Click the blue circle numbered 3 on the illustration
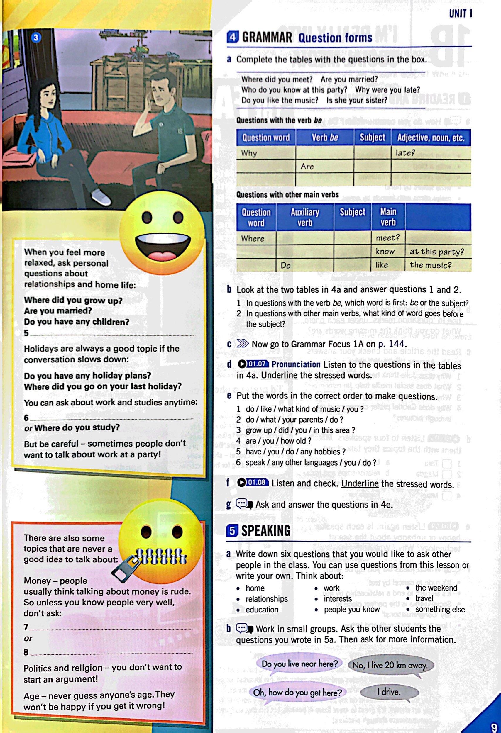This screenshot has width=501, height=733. click(36, 38)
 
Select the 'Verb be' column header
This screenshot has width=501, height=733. click(325, 138)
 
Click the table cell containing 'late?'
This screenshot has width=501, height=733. click(431, 153)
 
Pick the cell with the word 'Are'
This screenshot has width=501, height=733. click(325, 166)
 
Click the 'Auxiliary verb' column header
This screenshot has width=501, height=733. click(304, 217)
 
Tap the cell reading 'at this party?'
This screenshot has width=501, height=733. click(438, 252)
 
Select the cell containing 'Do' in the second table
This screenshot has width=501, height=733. click(304, 266)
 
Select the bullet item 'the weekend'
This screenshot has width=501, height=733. click(436, 588)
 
